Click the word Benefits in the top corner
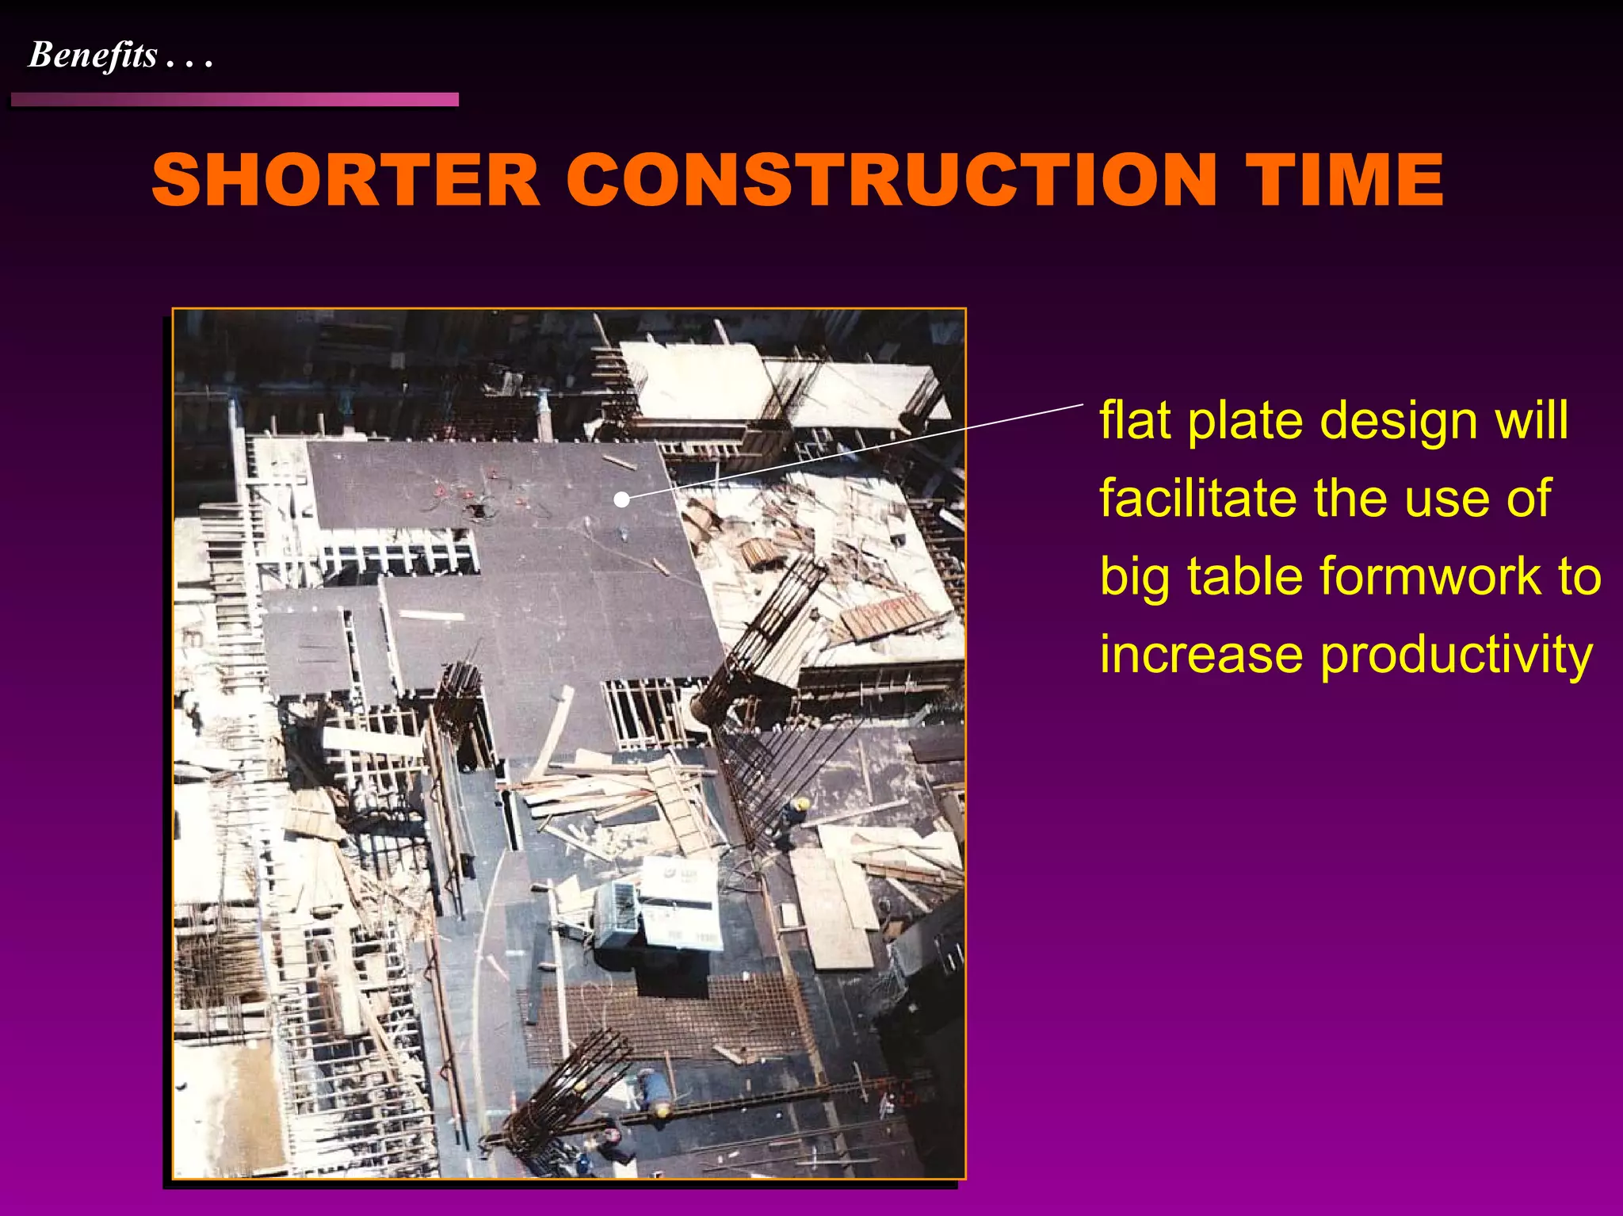click(93, 55)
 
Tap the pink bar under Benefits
click(235, 100)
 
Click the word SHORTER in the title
click(346, 181)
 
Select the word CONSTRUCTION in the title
click(891, 181)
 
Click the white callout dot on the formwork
click(622, 499)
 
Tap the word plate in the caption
click(1244, 421)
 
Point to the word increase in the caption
click(1201, 655)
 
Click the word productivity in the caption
click(1457, 656)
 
